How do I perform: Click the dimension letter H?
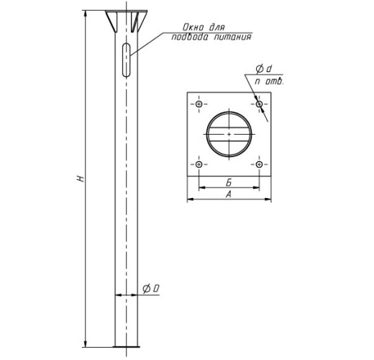pyautogui.click(x=81, y=179)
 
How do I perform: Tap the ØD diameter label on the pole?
pyautogui.click(x=151, y=289)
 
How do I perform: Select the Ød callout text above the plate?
pyautogui.click(x=264, y=69)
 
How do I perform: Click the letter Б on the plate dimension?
pyautogui.click(x=229, y=183)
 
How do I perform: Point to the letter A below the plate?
pyautogui.click(x=229, y=194)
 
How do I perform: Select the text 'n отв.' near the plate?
pyautogui.click(x=269, y=81)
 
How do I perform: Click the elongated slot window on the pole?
pyautogui.click(x=126, y=60)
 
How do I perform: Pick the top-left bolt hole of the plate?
pyautogui.click(x=199, y=104)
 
